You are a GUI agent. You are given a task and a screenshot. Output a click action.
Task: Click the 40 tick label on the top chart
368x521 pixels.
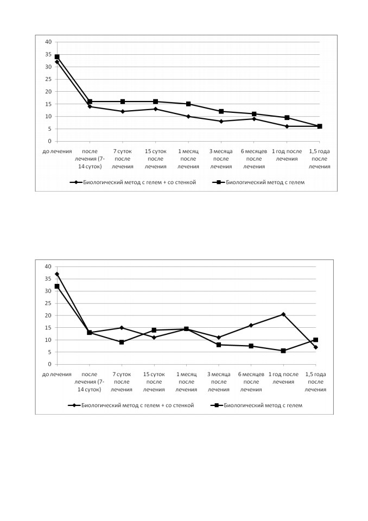click(x=48, y=42)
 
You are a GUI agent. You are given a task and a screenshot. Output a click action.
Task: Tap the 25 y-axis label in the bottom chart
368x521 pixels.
click(x=48, y=303)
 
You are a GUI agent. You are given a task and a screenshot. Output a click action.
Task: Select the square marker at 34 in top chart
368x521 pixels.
click(x=57, y=57)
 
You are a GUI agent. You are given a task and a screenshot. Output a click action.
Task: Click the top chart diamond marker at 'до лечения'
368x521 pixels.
click(x=57, y=62)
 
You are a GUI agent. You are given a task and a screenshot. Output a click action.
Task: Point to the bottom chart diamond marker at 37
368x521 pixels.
click(x=57, y=274)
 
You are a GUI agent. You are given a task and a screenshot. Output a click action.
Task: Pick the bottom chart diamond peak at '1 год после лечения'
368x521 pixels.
click(x=283, y=314)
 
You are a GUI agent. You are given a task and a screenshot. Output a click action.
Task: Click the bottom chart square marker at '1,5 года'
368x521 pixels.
click(x=315, y=340)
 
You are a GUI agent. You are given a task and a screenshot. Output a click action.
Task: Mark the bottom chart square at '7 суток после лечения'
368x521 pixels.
click(x=122, y=342)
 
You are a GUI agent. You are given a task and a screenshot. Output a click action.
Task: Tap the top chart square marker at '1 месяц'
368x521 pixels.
click(x=188, y=104)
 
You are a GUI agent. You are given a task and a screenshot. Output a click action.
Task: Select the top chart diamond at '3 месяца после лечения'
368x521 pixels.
click(x=221, y=121)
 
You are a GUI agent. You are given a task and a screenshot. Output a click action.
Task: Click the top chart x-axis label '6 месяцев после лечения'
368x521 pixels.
click(x=254, y=159)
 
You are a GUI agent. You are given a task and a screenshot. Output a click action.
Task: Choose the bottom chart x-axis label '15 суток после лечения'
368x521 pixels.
click(x=154, y=382)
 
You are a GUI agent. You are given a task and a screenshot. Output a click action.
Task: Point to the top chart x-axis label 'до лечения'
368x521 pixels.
click(x=57, y=151)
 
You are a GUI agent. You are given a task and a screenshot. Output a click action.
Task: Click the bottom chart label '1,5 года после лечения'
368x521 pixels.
click(x=315, y=382)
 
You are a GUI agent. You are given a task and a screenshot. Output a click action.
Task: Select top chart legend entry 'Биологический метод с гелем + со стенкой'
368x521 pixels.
click(x=133, y=182)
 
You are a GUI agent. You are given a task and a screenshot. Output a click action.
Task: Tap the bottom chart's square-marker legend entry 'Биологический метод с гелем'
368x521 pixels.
click(x=257, y=405)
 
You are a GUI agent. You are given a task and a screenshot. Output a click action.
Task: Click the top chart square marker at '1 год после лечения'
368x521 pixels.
click(x=287, y=118)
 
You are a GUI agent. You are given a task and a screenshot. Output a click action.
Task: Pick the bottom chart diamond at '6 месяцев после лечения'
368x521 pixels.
click(x=251, y=325)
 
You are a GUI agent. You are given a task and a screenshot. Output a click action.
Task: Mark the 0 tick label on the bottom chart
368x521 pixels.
click(x=50, y=365)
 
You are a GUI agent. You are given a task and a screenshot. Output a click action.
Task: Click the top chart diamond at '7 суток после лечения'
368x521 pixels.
click(x=123, y=112)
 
